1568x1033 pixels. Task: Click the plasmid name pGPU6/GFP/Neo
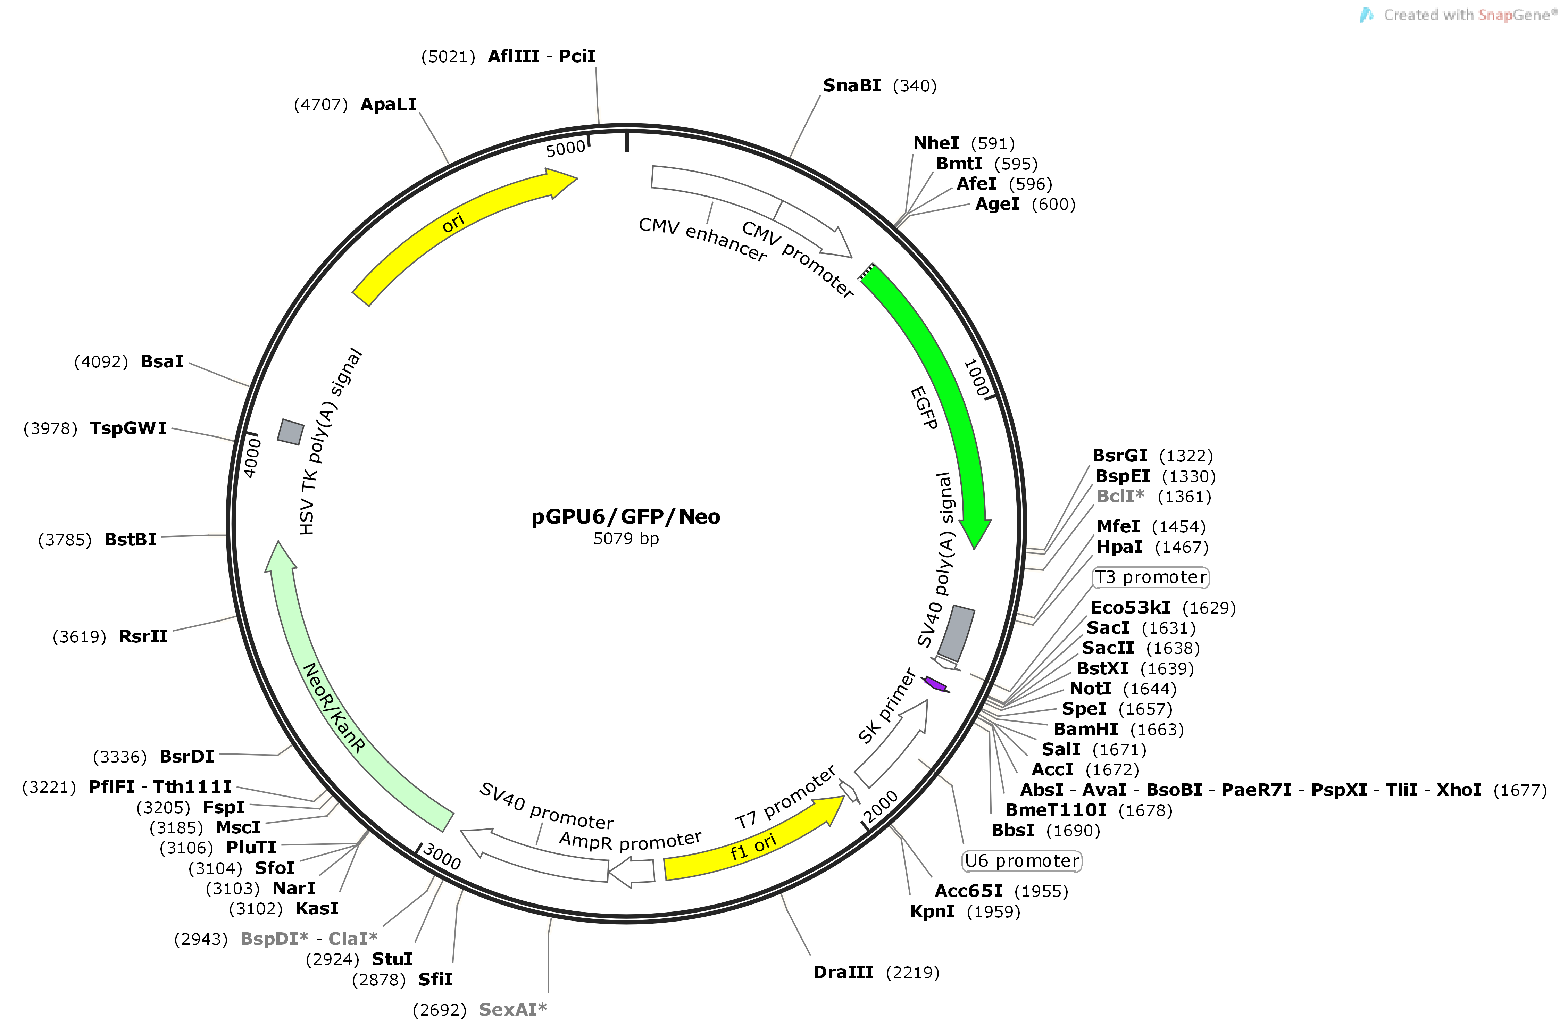point(625,517)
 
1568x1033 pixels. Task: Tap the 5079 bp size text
point(625,539)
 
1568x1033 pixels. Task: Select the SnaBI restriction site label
point(851,86)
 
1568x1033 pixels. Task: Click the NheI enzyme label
point(935,143)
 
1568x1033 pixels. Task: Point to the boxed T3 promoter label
point(1150,578)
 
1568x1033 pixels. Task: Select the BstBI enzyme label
point(131,540)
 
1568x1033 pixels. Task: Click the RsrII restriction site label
point(143,636)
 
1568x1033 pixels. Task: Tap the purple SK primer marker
point(935,684)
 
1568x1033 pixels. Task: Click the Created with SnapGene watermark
point(1462,15)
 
